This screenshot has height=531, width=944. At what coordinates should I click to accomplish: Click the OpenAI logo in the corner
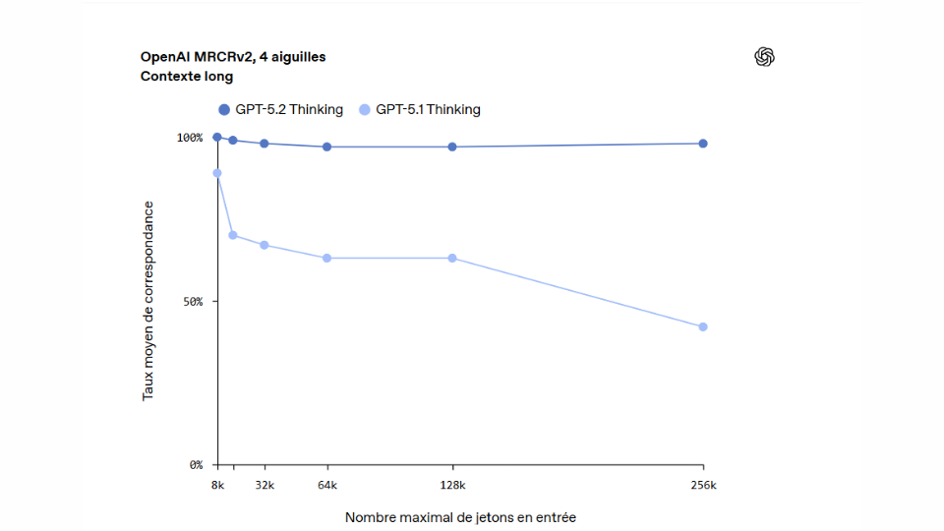point(764,57)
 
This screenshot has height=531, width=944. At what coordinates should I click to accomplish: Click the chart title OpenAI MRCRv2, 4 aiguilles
point(233,57)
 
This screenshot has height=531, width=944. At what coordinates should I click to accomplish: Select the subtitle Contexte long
point(187,76)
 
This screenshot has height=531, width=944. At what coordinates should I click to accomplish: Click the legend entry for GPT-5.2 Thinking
point(280,110)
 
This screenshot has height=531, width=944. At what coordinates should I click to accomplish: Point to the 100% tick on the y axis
point(190,138)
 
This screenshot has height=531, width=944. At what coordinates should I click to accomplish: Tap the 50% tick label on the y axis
point(193,302)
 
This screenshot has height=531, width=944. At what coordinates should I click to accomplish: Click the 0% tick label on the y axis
point(196,464)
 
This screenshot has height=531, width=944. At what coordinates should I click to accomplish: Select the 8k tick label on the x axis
point(217,485)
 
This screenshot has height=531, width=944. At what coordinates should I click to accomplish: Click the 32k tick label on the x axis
point(265,485)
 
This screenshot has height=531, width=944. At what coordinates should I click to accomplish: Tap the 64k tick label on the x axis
point(327,485)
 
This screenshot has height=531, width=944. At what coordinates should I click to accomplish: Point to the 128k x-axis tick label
point(452,485)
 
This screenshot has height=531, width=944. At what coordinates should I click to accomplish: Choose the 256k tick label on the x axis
point(703,485)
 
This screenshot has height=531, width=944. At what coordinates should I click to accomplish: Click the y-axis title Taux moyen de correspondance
point(148,300)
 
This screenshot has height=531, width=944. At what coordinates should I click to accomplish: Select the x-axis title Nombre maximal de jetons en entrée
point(460,516)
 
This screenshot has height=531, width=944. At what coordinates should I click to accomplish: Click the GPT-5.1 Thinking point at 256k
point(703,326)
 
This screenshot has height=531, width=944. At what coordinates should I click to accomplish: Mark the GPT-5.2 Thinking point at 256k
point(703,144)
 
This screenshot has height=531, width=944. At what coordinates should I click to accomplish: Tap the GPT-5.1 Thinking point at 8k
point(217,173)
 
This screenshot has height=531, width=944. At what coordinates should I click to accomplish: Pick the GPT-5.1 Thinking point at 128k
point(452,258)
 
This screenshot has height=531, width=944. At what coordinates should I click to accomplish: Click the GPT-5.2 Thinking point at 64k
point(327,147)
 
